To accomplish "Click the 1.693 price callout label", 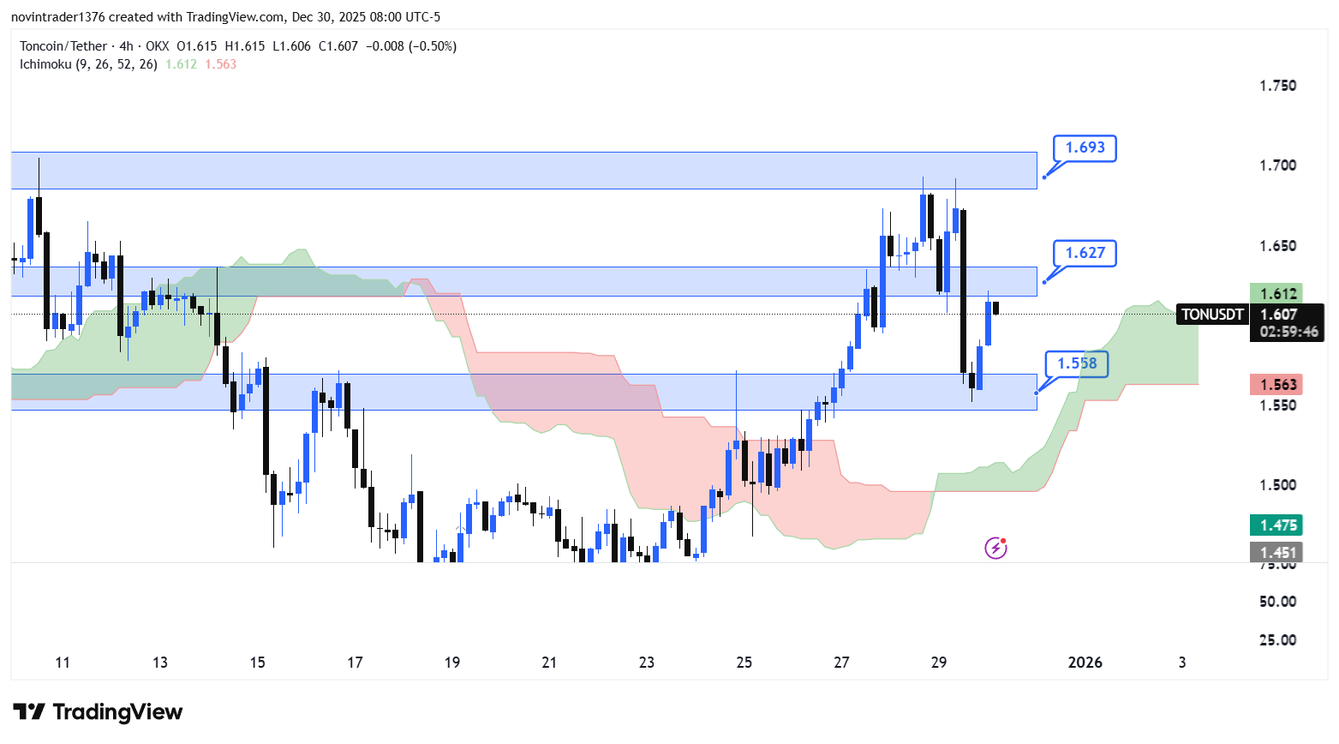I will pos(1085,147).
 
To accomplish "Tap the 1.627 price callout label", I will pos(1085,253).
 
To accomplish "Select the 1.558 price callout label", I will pos(1076,363).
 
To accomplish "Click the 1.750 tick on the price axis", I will pos(1277,86).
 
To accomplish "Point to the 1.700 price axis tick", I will pos(1277,165).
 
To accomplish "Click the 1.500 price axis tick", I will pos(1277,485).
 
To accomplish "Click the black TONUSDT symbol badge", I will pos(1212,315).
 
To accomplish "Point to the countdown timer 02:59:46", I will pos(1288,332).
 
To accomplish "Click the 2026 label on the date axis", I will pos(1085,663).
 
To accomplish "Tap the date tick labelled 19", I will pos(452,663).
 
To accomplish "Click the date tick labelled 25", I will pos(744,663).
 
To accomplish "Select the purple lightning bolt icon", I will pos(995,548).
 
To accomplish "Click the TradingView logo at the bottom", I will pos(99,712).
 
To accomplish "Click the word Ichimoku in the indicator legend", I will pos(45,64).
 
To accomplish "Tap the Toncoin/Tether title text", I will pos(63,46).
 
